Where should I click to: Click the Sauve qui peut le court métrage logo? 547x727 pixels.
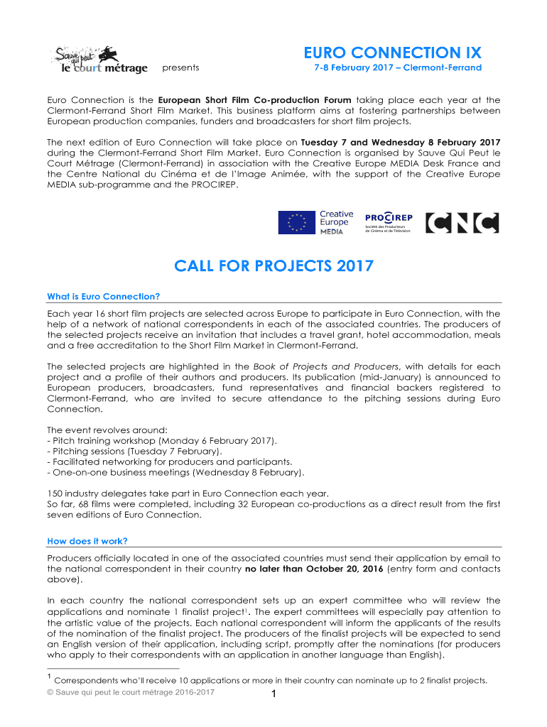(100, 60)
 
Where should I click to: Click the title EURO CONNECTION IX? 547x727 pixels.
(393, 53)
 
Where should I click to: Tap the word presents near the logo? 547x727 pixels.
(180, 68)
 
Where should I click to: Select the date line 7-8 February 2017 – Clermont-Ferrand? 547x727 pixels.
(398, 68)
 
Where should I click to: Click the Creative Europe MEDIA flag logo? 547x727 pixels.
(315, 222)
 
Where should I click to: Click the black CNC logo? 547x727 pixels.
(462, 223)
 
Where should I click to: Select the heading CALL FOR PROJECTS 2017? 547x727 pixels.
(273, 267)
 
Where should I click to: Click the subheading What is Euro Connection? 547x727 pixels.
(104, 296)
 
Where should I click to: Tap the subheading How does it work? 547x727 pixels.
(87, 540)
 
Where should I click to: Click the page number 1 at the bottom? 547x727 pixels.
(273, 695)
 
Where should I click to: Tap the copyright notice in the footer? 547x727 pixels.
(131, 692)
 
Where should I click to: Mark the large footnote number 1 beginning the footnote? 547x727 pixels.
(49, 678)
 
